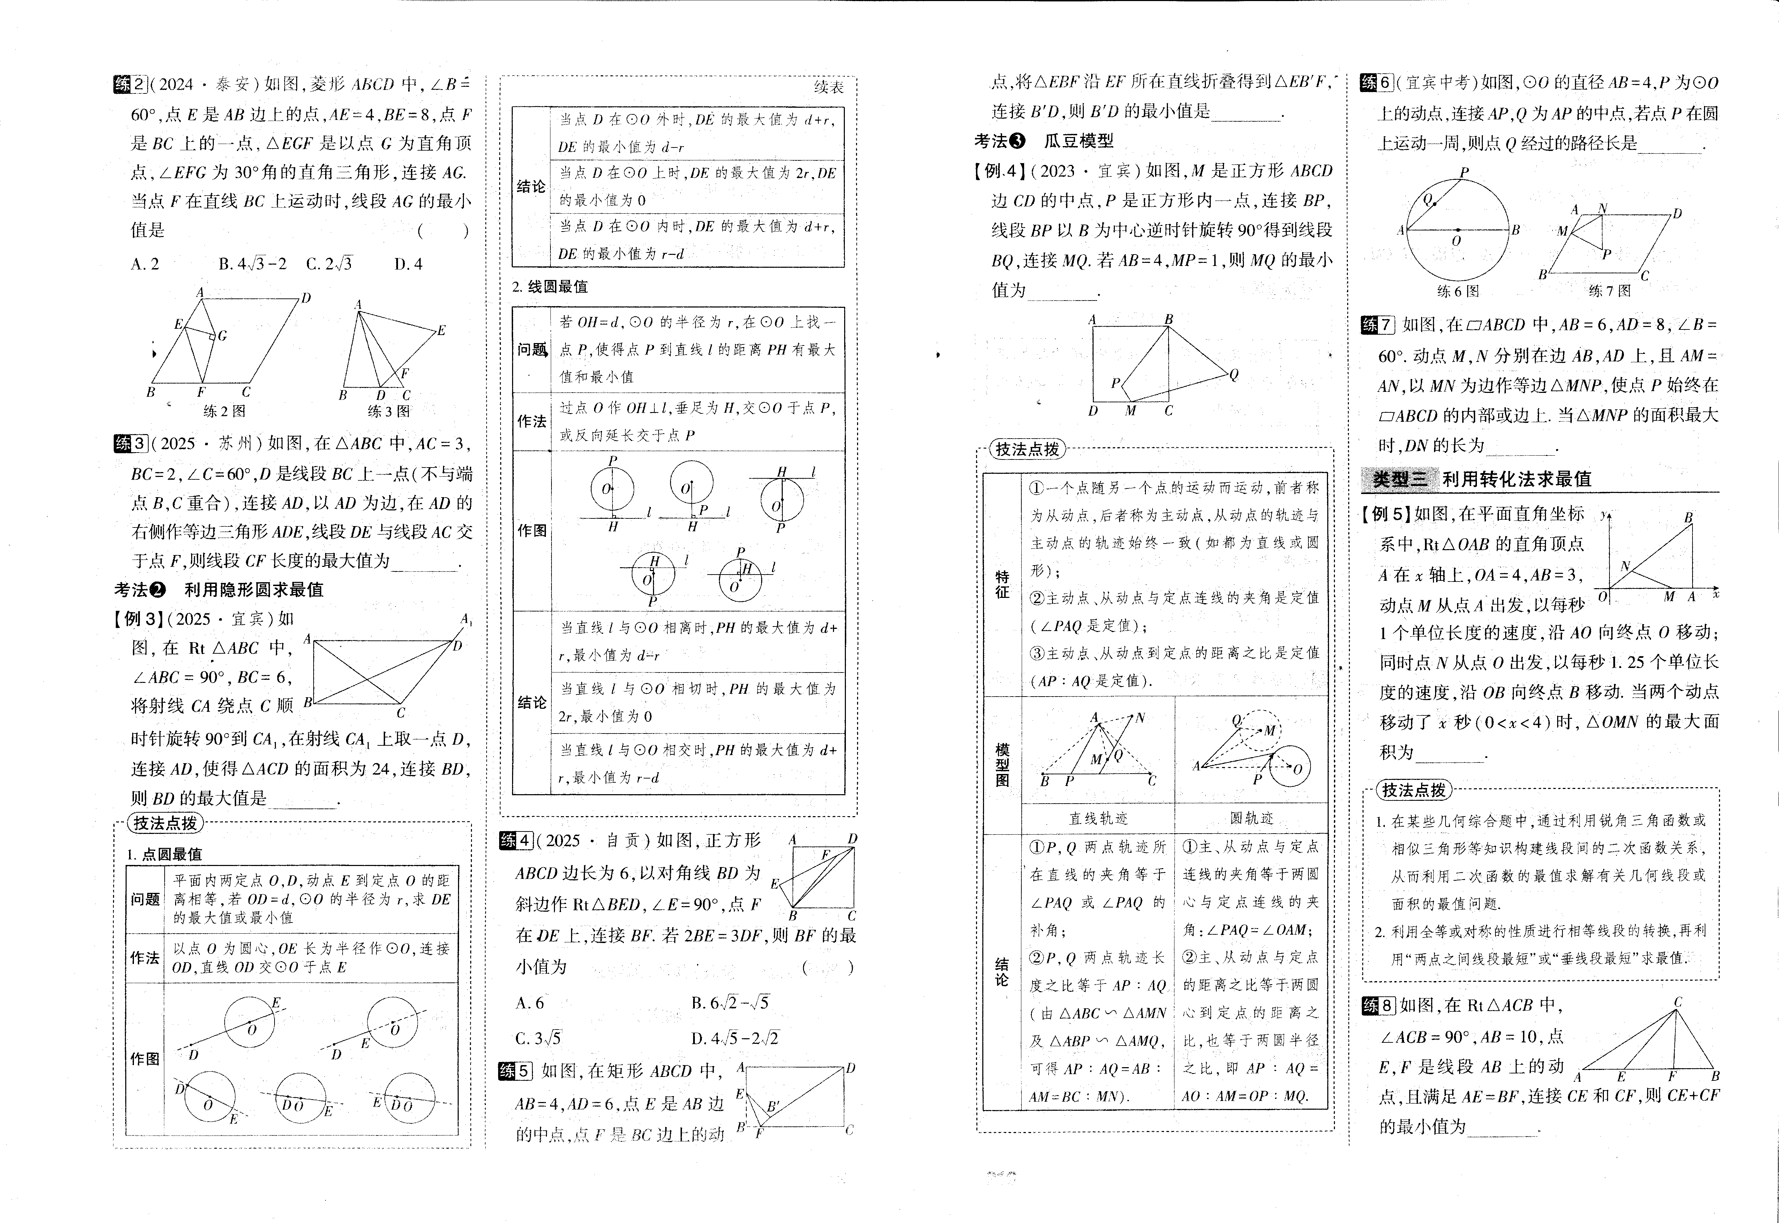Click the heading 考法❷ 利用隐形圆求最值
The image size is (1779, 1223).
coord(218,589)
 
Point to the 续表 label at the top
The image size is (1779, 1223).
coord(828,88)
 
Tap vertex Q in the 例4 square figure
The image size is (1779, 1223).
coord(1233,375)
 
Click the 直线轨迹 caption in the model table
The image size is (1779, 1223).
coord(1098,818)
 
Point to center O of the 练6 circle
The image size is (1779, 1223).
coord(1457,230)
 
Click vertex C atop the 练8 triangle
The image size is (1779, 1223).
coord(1678,1002)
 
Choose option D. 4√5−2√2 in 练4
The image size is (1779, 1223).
coord(734,1038)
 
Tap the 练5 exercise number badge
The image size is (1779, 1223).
coord(515,1071)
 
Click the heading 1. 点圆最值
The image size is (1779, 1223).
coord(164,854)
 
